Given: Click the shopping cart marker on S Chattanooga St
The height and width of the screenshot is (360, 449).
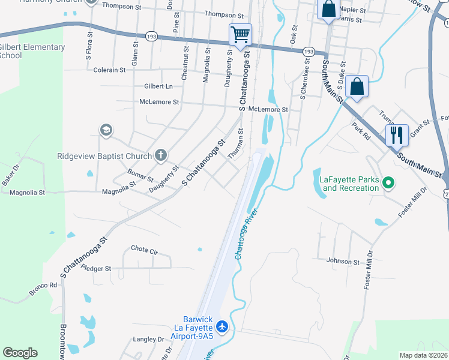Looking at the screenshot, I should click(240, 34).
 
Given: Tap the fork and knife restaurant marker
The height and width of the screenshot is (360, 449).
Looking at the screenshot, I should click(397, 134).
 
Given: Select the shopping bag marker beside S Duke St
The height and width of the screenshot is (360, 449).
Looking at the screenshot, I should click(357, 87).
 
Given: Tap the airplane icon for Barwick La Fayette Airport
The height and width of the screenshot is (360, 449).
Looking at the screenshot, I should click(222, 326).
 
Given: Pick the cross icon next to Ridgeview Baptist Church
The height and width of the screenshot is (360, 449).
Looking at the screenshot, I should click(160, 156).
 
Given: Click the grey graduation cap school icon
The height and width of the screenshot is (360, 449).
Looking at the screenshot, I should click(106, 130).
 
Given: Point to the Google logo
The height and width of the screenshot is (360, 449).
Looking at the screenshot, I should click(20, 353).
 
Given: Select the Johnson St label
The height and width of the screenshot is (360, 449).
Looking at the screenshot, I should click(343, 261).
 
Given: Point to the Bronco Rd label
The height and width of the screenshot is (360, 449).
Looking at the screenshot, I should click(43, 289).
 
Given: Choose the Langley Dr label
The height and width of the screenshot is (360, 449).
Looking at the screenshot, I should click(148, 339).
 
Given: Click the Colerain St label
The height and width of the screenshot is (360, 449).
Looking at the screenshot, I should click(109, 70).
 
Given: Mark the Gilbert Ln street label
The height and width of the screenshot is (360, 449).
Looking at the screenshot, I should click(158, 86).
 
